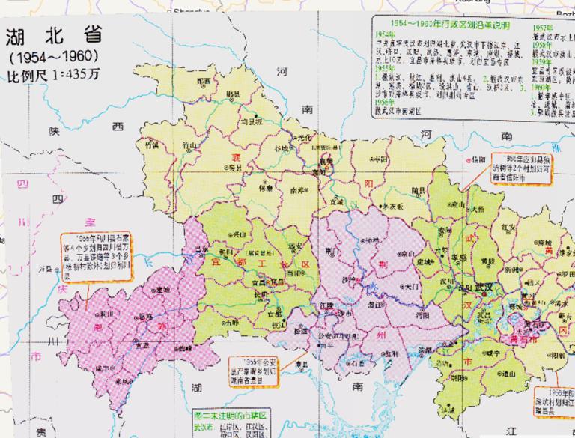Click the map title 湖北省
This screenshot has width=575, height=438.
pyautogui.click(x=55, y=37)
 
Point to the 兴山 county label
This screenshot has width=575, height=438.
pyautogui.click(x=239, y=235)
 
